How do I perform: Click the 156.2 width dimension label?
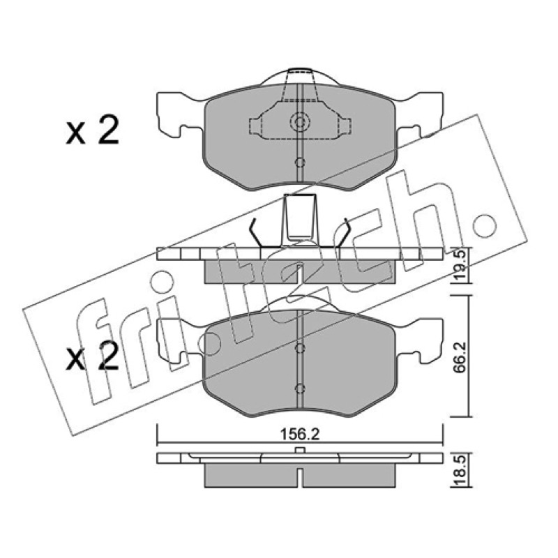click(x=300, y=434)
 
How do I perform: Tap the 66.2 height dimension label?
click(x=460, y=358)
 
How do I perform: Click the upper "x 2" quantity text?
click(x=92, y=130)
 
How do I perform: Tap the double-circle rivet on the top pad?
click(x=300, y=122)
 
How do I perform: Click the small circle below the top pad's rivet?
click(x=301, y=163)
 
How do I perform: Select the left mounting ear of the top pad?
click(x=180, y=114)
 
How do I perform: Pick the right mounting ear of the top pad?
click(x=420, y=114)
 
